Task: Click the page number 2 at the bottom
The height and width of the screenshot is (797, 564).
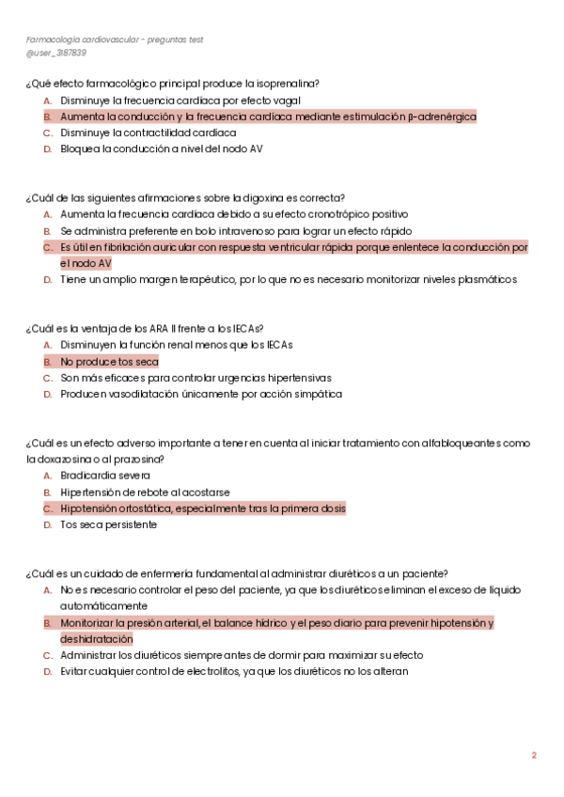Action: pos(534,755)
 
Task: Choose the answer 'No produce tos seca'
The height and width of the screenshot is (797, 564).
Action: pos(109,362)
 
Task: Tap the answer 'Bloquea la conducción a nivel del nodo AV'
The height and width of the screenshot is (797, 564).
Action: pos(162,149)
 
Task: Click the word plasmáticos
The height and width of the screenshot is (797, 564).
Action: pos(484,279)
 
